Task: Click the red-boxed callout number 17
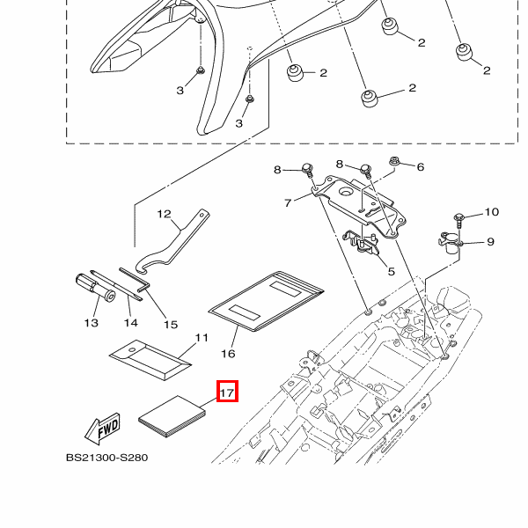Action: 228,392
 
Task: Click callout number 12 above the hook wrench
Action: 164,213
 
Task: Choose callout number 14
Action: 130,322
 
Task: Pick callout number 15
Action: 171,325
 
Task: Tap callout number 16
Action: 228,354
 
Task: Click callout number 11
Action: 202,337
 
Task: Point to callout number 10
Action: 491,212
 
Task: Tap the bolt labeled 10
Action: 459,216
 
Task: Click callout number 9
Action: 490,242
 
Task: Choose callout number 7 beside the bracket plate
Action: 287,203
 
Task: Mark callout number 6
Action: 420,166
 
